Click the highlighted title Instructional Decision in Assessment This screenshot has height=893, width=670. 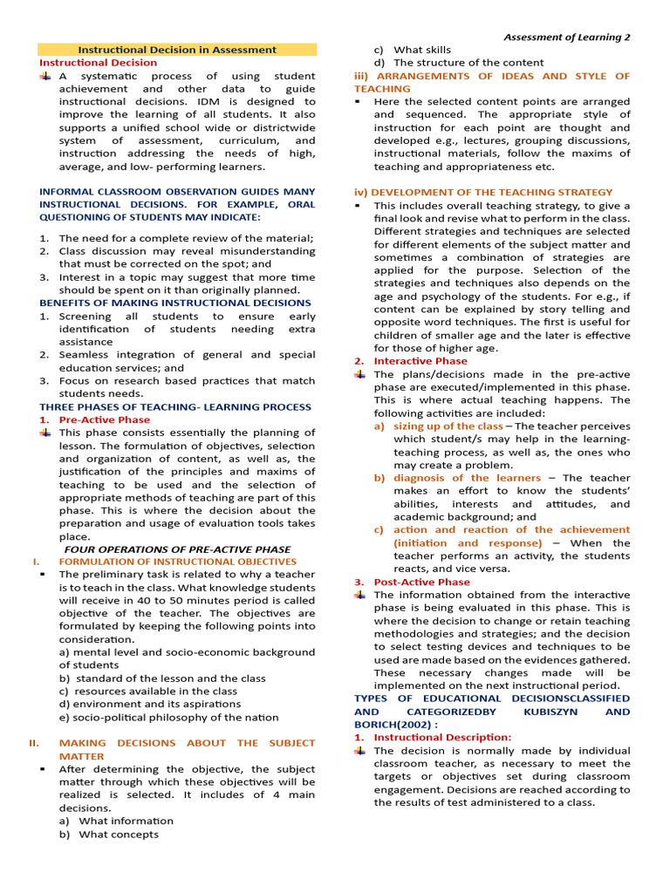(177, 50)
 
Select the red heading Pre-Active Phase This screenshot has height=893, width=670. (104, 419)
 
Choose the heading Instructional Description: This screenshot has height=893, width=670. (442, 737)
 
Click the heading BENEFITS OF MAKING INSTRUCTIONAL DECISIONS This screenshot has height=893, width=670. (174, 303)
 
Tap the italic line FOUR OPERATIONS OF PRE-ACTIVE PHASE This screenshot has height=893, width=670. (177, 549)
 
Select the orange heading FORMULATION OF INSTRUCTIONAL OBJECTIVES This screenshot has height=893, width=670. (177, 562)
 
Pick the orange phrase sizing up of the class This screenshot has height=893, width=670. (448, 426)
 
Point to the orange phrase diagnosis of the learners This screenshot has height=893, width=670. (467, 478)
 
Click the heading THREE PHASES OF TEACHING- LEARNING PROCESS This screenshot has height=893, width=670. (174, 406)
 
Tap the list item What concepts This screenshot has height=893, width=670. (119, 834)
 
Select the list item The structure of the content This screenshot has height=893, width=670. (468, 63)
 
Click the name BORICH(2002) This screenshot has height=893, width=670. (391, 725)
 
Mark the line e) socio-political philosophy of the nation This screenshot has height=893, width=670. (168, 717)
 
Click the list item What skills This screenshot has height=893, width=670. (422, 50)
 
